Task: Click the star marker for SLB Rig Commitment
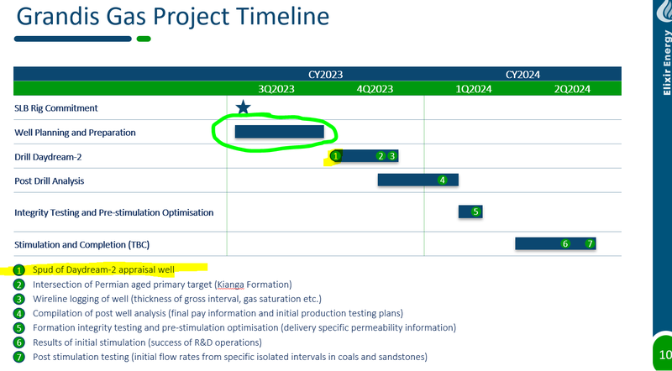pos(243,107)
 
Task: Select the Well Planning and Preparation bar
pos(280,132)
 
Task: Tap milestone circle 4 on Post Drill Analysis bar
pos(443,180)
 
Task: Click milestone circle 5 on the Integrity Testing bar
pos(475,212)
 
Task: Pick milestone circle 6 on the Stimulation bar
pos(565,243)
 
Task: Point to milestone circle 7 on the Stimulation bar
pos(590,243)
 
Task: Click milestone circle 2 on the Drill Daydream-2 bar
pos(381,156)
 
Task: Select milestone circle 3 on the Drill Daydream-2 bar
pos(392,156)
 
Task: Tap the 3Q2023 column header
pos(276,89)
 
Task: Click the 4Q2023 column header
pos(375,89)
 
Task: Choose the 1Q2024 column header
pos(474,89)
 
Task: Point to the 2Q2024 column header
pos(572,89)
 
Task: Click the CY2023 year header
pos(325,75)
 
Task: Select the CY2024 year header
pos(522,75)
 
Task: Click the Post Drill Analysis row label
pos(50,180)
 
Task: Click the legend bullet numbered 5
pos(18,328)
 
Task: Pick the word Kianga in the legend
pos(230,285)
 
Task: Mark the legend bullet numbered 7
pos(18,357)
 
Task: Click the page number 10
pos(665,354)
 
